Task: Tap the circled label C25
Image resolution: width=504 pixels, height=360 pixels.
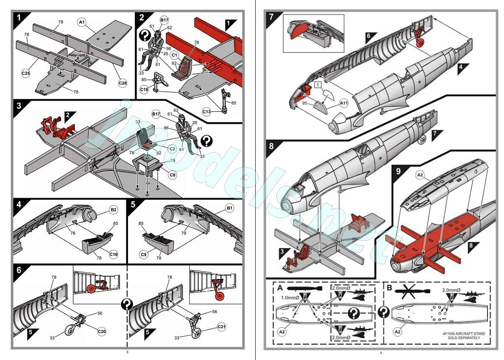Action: click(26, 73)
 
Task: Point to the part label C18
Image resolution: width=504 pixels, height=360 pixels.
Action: click(144, 90)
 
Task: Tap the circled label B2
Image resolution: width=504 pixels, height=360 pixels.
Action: click(114, 210)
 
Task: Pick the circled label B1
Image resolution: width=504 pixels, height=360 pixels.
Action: click(230, 209)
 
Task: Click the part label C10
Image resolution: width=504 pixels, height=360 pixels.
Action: click(113, 254)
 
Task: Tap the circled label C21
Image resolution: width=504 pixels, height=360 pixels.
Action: click(221, 327)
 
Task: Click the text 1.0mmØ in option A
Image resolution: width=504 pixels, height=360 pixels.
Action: click(288, 298)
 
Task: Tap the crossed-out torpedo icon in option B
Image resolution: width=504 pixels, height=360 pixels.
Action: click(408, 292)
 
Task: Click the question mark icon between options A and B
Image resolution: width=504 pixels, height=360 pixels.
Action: click(384, 313)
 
